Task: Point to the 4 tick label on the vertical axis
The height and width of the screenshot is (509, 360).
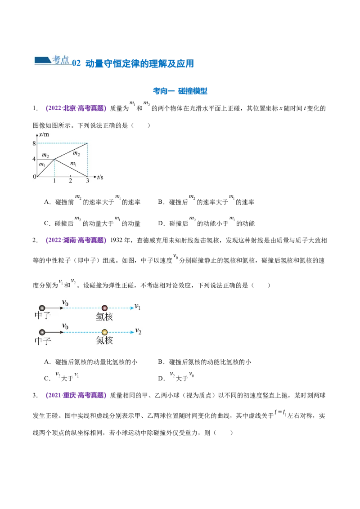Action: (33, 159)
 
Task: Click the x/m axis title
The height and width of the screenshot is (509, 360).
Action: (44, 134)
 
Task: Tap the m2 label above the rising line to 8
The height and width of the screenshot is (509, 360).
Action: (76, 153)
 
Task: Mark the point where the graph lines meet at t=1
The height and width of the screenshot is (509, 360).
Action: (54, 159)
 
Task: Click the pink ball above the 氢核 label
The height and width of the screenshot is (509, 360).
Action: (104, 308)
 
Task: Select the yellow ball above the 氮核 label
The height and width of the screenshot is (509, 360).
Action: (104, 332)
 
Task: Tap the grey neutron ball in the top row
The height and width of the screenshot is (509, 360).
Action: (42, 308)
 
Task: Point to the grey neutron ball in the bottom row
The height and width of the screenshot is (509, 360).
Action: (42, 332)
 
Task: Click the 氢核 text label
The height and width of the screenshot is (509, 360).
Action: (104, 317)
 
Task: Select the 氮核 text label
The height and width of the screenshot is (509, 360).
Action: (104, 341)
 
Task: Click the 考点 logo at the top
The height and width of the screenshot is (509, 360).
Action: (52, 59)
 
